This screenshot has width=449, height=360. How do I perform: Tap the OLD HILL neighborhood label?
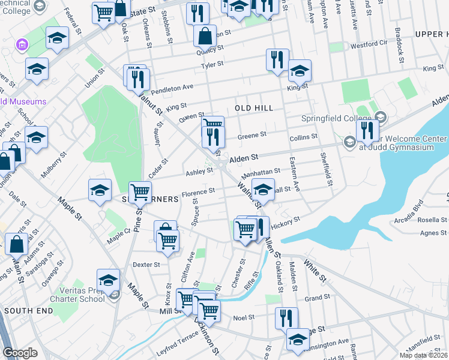click(254, 108)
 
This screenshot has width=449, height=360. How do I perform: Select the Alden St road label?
click(244, 157)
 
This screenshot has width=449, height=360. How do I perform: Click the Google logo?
click(20, 353)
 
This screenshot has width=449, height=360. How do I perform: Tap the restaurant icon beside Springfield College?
click(367, 131)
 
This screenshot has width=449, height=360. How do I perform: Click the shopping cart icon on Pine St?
click(140, 193)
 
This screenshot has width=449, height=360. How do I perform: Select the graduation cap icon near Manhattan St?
click(262, 190)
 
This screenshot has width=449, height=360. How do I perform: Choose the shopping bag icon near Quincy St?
click(205, 35)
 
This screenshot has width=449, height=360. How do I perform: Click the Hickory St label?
click(285, 222)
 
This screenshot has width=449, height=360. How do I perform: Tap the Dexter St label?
click(146, 264)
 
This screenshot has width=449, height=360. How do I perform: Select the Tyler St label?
click(212, 64)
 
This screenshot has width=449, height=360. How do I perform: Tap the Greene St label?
click(247, 136)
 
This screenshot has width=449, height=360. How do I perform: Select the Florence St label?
click(199, 192)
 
